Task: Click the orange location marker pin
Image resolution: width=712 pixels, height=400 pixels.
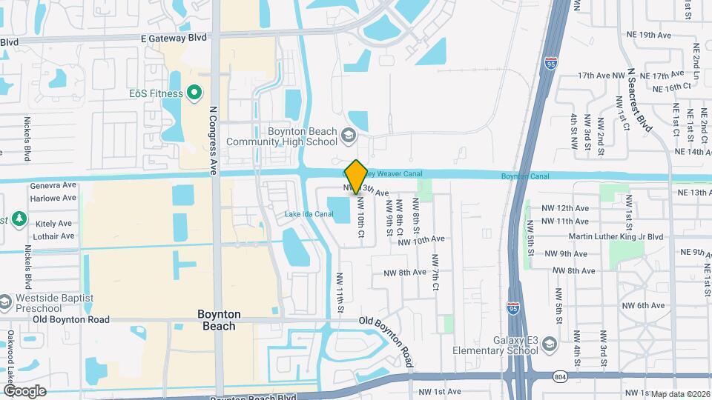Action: click(x=356, y=176)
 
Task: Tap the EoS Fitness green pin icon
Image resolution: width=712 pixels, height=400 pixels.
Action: click(x=194, y=93)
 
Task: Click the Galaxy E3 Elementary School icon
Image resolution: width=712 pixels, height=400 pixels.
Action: click(x=548, y=344)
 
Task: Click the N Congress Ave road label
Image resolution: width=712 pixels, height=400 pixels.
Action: click(x=213, y=139)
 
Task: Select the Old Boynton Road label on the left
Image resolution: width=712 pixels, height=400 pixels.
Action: click(x=71, y=320)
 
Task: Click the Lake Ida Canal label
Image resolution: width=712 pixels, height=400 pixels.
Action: click(x=309, y=215)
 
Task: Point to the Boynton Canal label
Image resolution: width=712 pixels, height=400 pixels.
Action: click(x=524, y=176)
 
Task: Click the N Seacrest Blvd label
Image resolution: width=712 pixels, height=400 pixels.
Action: click(x=639, y=99)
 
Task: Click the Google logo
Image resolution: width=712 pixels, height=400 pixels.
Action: click(x=24, y=390)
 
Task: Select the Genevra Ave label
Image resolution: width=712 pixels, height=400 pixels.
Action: click(x=53, y=185)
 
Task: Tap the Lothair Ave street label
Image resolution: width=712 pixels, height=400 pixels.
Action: click(x=54, y=236)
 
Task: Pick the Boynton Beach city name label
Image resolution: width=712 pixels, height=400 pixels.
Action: click(x=217, y=320)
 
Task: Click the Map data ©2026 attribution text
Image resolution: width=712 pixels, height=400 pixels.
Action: click(x=680, y=393)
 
